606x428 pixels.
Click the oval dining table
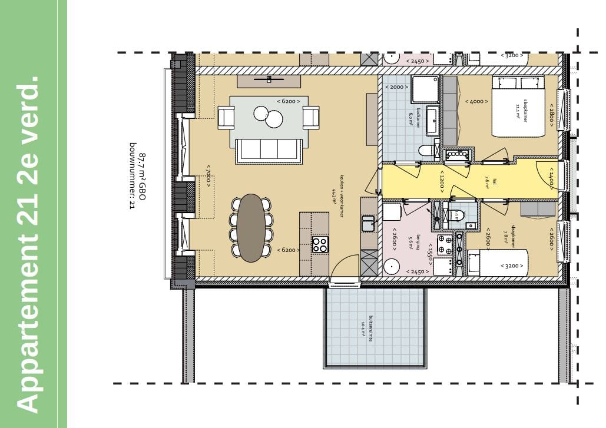[251, 227]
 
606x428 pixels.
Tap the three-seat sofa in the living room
[269, 150]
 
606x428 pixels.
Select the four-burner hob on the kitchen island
[320, 244]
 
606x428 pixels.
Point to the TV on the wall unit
[269, 79]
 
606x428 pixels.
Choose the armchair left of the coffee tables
[226, 117]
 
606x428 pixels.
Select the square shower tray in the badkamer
[425, 89]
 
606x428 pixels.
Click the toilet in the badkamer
[427, 151]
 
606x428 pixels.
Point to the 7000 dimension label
[207, 176]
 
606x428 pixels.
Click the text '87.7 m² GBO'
[141, 177]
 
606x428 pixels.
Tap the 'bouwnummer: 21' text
[133, 176]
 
